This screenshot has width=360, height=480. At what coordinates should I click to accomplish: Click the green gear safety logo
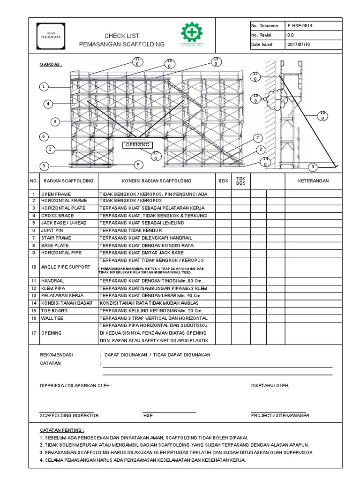(192, 36)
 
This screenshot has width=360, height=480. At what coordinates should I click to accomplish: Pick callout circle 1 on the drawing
(44, 87)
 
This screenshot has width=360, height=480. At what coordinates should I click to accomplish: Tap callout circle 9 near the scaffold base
(138, 164)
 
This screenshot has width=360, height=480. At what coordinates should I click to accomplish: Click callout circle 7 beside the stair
(257, 138)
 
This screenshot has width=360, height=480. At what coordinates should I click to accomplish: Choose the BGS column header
(223, 180)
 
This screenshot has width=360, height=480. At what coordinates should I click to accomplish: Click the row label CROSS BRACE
(57, 215)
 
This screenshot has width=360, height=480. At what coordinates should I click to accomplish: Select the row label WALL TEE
(52, 318)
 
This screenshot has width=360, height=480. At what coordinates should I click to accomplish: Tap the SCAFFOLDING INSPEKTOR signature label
(69, 415)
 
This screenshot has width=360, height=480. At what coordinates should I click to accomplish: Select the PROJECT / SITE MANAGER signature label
(280, 415)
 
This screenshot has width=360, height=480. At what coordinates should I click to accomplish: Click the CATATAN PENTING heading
(62, 429)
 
